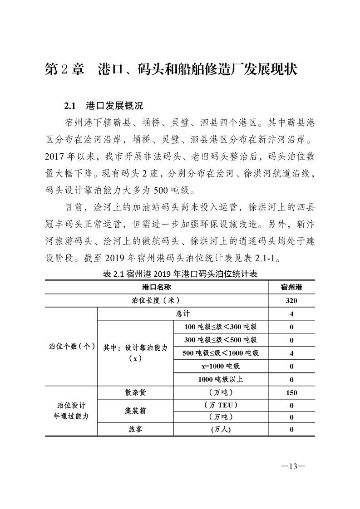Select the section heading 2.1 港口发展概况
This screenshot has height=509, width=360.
pyautogui.click(x=104, y=106)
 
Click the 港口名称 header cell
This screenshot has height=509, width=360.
pyautogui.click(x=159, y=287)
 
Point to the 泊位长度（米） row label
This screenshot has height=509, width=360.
pyautogui.click(x=159, y=300)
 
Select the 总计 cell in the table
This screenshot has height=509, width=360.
pyautogui.click(x=182, y=313)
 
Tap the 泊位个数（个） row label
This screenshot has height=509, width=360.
pyautogui.click(x=71, y=346)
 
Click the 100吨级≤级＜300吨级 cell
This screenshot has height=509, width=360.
pyautogui.click(x=221, y=327)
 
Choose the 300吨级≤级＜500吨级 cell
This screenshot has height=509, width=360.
pyautogui.click(x=221, y=340)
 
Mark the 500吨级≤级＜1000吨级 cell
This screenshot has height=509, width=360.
pyautogui.click(x=221, y=353)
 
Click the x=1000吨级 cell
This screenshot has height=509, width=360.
pyautogui.click(x=221, y=366)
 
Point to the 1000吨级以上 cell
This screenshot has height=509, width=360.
pyautogui.click(x=221, y=379)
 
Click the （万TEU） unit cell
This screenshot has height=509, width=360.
pyautogui.click(x=221, y=405)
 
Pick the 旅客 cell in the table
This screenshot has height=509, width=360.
pyautogui.click(x=135, y=430)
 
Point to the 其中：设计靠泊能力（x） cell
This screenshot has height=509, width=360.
pyautogui.click(x=135, y=352)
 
